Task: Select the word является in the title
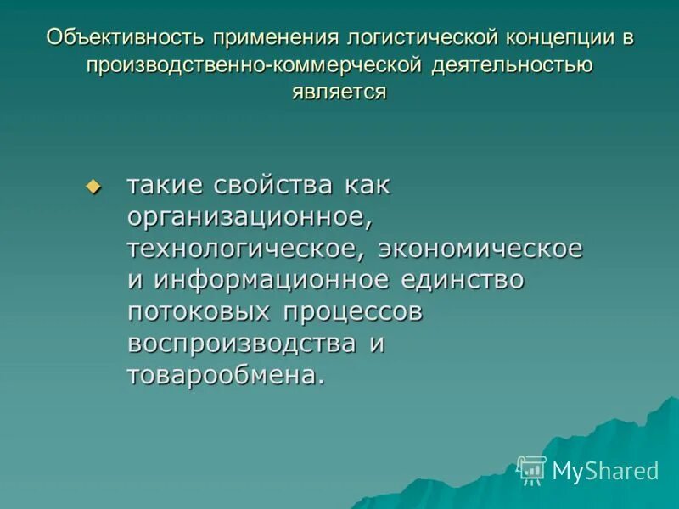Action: (339, 92)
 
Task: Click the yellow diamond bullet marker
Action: (93, 187)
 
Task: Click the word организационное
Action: (250, 217)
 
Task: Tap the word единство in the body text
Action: (464, 280)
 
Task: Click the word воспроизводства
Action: (242, 343)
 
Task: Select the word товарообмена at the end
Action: (225, 375)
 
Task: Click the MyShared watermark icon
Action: (531, 470)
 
